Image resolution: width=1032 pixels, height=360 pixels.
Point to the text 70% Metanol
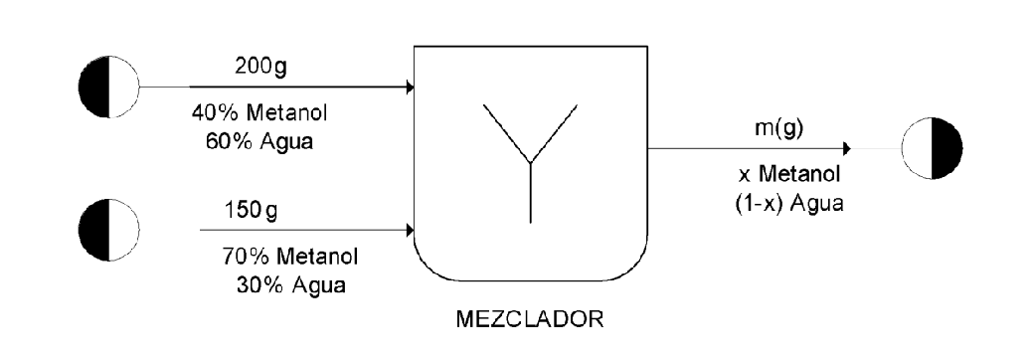290,258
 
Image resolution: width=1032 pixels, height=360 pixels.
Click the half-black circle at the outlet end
932,149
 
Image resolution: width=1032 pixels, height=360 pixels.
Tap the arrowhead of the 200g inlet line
409,88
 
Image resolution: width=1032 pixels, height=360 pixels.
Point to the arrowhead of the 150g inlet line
409,231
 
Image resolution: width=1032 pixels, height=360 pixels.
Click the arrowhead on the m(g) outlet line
846,149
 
